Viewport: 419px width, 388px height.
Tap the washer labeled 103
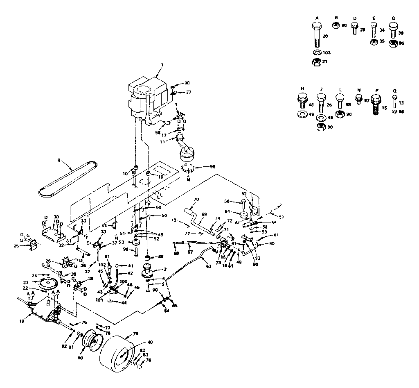[x=316, y=53]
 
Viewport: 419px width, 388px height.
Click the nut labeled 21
[x=316, y=62]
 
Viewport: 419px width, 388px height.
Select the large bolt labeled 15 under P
[x=376, y=106]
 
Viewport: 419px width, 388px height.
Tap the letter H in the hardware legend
[x=302, y=89]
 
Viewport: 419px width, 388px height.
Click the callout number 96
[x=212, y=167]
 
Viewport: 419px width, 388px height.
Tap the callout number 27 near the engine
[x=188, y=93]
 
